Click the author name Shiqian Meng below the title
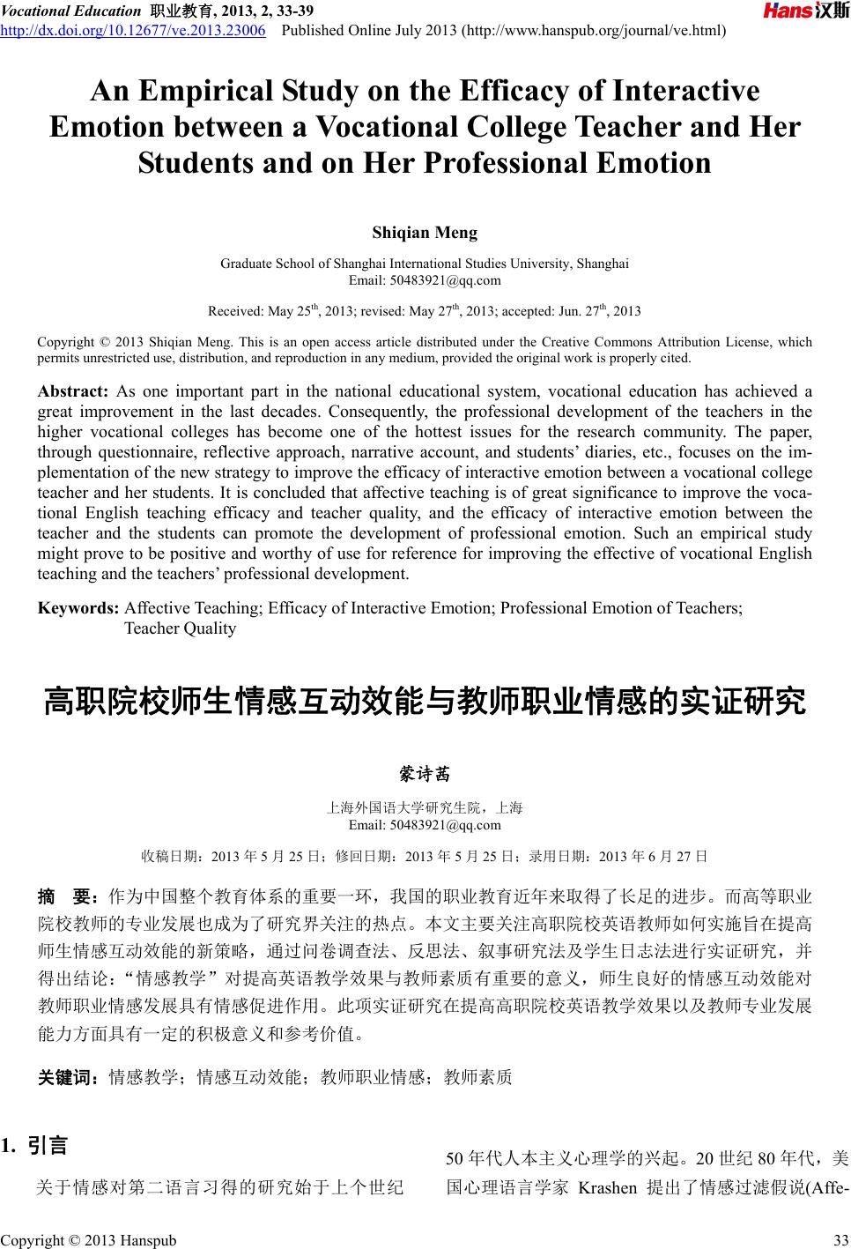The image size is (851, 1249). (425, 233)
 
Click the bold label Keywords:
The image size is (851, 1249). (78, 607)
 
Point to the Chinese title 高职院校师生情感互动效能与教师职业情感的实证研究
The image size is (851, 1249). (425, 703)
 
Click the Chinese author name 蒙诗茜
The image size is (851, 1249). (425, 774)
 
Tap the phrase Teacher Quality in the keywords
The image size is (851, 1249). (181, 628)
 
